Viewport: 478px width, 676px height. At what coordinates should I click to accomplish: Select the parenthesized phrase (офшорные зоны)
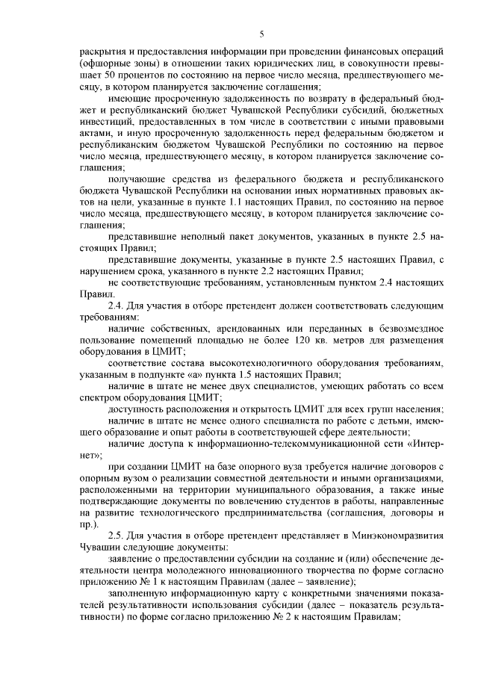[114, 65]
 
